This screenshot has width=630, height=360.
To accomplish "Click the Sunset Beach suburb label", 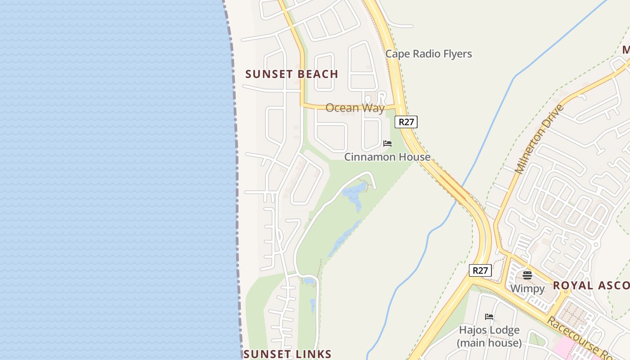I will coord(292,74).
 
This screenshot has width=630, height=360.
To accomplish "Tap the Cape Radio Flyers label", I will coord(428,54).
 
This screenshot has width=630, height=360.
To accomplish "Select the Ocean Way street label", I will coord(355,108).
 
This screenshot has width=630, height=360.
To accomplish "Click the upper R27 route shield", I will coord(406,122).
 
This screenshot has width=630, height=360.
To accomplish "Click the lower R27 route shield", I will coord(480,270).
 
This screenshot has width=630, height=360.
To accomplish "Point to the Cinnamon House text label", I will coord(387,157).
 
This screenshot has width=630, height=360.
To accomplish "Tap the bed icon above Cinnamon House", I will coord(387,144).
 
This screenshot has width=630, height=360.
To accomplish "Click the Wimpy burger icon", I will coord(527,275).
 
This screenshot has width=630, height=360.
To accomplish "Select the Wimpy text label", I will coord(527,288).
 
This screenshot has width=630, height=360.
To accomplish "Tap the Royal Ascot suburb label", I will coord(591,285).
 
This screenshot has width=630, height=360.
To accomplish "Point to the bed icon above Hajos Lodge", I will coord(489,317).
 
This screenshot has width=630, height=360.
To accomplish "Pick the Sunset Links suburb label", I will coord(287,354).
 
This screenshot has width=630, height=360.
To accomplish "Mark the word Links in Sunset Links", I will coord(313,354).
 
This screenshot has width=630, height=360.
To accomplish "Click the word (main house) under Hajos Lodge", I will coord(489,343).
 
